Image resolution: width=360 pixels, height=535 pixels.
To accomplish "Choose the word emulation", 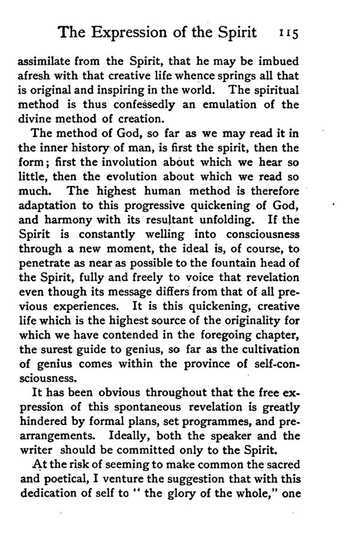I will pyautogui.click(x=236, y=103).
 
